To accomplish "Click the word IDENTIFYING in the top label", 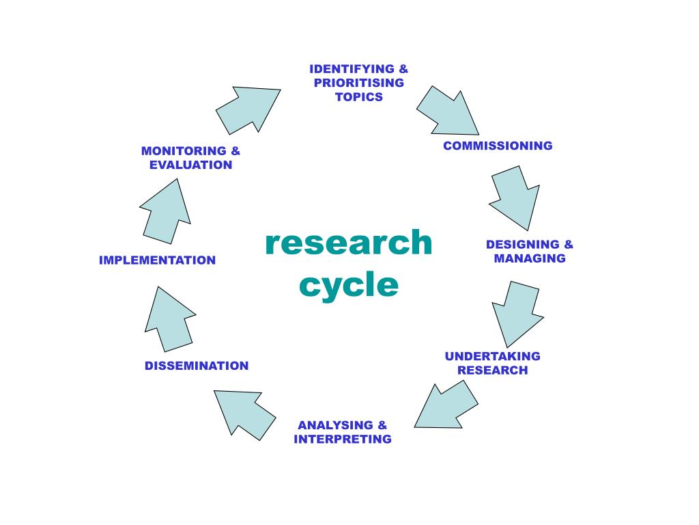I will point(352,69).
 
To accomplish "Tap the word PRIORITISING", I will point(359,83).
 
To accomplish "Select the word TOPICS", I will point(359,97).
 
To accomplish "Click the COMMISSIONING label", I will point(498,146).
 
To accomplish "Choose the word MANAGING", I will point(530,258).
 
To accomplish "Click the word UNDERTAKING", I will point(492,356).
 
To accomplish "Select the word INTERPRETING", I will point(343,440).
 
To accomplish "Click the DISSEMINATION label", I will point(197,366).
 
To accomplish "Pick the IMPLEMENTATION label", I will point(157,260).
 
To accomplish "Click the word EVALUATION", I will point(191,165).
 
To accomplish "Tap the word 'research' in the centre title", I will point(349,243).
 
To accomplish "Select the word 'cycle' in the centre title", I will point(349,284).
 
